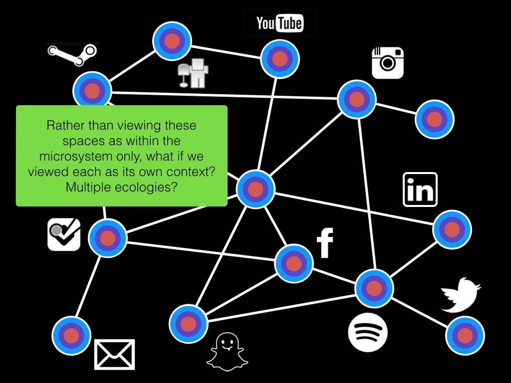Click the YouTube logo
click(279, 23)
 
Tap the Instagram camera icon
click(387, 63)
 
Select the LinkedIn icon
click(420, 190)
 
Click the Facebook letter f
click(325, 243)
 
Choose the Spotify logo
click(368, 332)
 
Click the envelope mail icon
click(115, 355)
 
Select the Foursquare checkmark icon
click(64, 234)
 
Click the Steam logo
click(72, 54)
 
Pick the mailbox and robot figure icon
click(193, 73)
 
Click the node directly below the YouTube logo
click(280, 58)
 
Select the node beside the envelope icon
click(71, 335)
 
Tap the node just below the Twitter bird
click(465, 335)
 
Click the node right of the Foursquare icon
click(107, 238)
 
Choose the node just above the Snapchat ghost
click(188, 324)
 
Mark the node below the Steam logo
click(92, 91)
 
